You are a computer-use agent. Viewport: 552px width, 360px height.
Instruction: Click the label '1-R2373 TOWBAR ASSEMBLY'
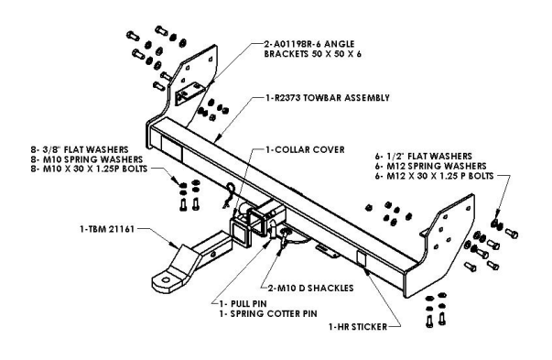click(328, 98)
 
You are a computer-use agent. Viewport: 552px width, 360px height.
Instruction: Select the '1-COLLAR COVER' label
click(305, 149)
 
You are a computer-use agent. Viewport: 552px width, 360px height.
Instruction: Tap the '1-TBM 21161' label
click(107, 229)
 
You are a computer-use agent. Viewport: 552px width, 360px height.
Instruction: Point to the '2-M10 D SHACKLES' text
click(310, 289)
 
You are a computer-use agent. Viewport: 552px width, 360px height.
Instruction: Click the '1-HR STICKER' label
click(358, 327)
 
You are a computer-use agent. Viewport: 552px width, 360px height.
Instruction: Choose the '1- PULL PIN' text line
click(243, 303)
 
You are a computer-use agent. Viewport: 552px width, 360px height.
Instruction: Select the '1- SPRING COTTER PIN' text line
click(268, 313)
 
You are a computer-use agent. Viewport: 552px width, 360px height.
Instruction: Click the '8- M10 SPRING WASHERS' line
click(87, 159)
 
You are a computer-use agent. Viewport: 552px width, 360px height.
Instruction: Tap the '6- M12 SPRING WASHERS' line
click(430, 166)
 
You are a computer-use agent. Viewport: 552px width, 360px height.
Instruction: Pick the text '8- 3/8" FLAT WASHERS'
click(80, 150)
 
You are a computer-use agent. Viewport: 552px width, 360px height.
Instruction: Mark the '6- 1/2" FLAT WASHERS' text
click(424, 157)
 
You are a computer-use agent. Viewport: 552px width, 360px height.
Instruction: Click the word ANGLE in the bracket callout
click(339, 44)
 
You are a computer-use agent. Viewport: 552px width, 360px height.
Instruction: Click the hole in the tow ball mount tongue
click(165, 280)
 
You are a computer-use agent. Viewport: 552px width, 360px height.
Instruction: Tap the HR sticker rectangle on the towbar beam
click(362, 258)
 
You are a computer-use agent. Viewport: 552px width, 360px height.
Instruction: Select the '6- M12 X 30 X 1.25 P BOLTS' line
click(435, 176)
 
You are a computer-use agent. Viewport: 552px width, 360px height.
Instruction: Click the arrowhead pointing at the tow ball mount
click(175, 244)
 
